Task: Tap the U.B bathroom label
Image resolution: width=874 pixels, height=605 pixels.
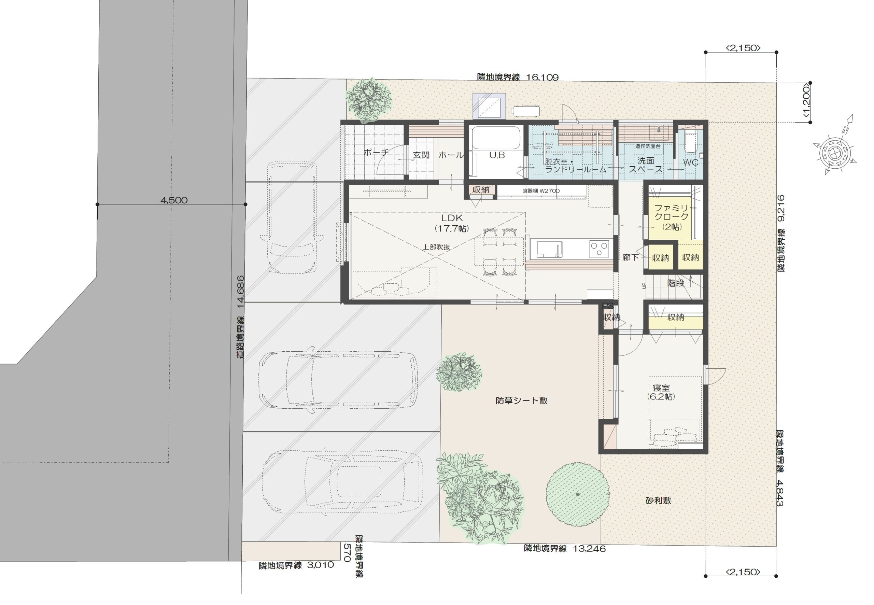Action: pos(496,155)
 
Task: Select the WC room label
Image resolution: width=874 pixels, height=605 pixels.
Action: pos(691,163)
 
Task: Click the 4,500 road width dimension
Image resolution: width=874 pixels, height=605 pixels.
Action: pos(173,200)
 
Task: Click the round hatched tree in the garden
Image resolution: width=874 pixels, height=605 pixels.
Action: pos(577,494)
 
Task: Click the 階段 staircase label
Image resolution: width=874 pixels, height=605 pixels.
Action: pos(676,283)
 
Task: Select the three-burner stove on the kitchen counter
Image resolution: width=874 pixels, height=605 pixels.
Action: pos(598,249)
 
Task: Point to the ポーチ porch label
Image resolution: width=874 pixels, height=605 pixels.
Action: pos(376,152)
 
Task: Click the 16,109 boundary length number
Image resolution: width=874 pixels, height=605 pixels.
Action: pos(542,77)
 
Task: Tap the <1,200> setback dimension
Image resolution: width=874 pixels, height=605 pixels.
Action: pos(806,102)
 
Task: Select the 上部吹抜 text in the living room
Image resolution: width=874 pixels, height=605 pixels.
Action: pos(437,247)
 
